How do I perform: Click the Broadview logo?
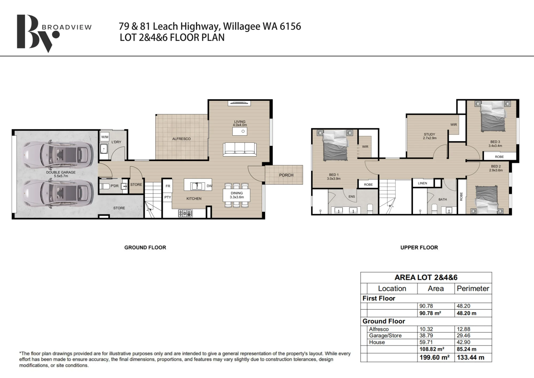tap(53, 33)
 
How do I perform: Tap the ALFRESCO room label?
tap(181, 139)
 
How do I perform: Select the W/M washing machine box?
tap(105, 137)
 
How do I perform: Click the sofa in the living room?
tap(240, 149)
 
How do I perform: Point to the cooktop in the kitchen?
tap(186, 213)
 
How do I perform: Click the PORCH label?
tap(286, 175)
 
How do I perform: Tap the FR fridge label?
tap(168, 186)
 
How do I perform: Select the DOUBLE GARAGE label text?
tap(61, 172)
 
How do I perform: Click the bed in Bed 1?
tap(335, 146)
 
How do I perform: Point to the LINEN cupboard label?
tap(422, 183)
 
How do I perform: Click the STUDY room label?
tap(429, 134)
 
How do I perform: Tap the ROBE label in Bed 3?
tap(499, 157)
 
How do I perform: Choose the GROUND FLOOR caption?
tap(145, 248)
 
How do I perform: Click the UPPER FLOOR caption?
tap(419, 248)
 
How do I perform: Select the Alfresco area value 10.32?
tap(426, 329)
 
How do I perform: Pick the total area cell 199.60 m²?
tap(434, 357)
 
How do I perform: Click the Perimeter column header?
tap(473, 289)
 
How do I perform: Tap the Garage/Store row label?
tap(385, 336)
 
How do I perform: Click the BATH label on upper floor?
tap(442, 200)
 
